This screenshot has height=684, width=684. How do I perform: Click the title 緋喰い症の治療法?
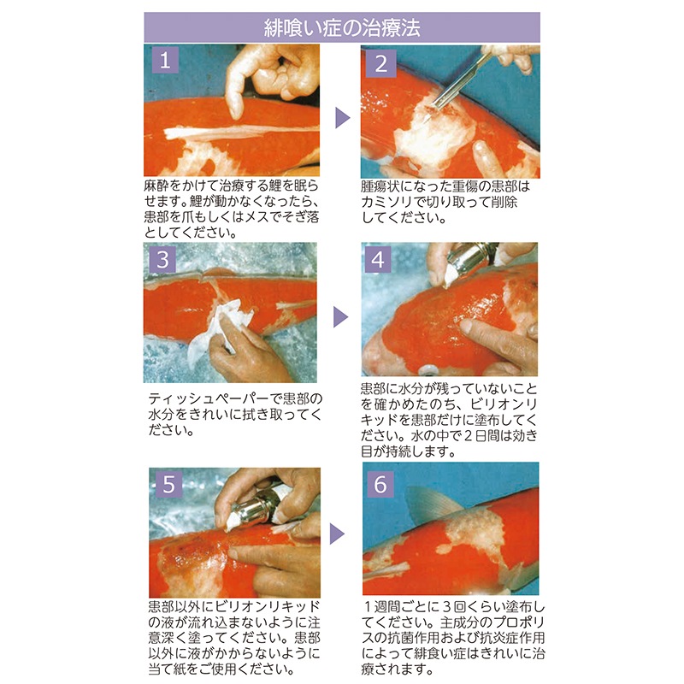point(342,27)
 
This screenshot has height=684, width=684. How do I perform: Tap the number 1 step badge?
point(165,60)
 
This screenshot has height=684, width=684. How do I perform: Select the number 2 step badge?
point(381,64)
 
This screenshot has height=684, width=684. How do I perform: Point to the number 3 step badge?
point(162,260)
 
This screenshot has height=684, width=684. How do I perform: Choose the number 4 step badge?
point(378,260)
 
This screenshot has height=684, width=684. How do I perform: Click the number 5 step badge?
point(168,484)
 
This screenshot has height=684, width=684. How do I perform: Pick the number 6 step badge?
point(380,484)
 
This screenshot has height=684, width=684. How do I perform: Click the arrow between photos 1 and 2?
point(343,118)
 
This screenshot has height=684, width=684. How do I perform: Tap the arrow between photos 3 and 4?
point(340,316)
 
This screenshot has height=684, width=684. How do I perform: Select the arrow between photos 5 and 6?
point(337,534)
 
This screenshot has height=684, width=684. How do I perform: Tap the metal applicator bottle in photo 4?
point(469,262)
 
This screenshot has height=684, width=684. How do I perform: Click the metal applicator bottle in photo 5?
point(255,508)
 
